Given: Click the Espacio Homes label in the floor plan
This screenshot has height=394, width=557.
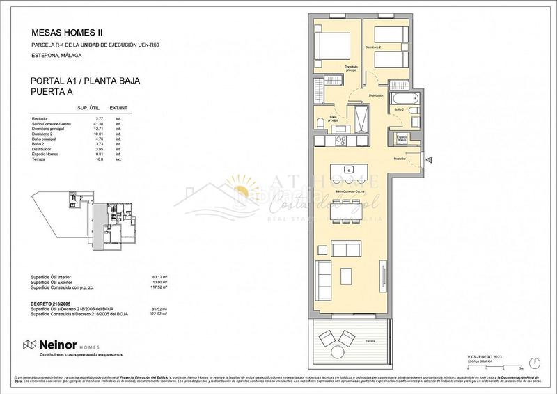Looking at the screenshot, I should coord(402,139).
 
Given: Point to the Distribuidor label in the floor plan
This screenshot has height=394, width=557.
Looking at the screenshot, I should coord(377,95).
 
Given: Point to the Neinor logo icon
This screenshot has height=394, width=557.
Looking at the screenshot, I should coord(30,345).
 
